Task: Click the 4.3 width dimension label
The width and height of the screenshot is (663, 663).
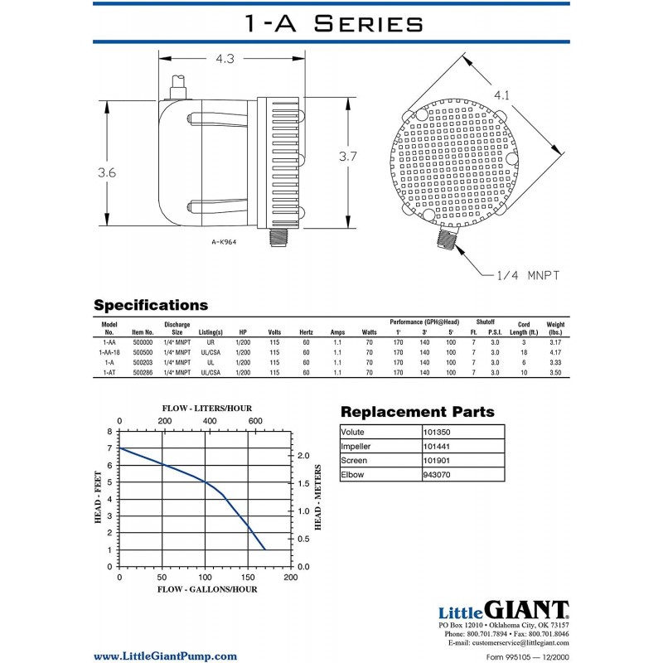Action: tap(225, 59)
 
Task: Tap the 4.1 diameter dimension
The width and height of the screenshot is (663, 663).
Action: tap(501, 96)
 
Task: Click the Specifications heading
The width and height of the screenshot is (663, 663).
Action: tap(150, 305)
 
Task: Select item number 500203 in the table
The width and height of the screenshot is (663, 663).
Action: tap(143, 362)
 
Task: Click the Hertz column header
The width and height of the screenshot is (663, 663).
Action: tap(306, 331)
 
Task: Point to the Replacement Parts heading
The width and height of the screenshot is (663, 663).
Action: tap(417, 412)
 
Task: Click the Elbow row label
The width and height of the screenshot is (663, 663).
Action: tap(352, 474)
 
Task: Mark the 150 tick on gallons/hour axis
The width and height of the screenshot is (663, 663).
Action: tap(248, 577)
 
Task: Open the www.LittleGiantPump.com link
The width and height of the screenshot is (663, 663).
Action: tap(164, 656)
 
